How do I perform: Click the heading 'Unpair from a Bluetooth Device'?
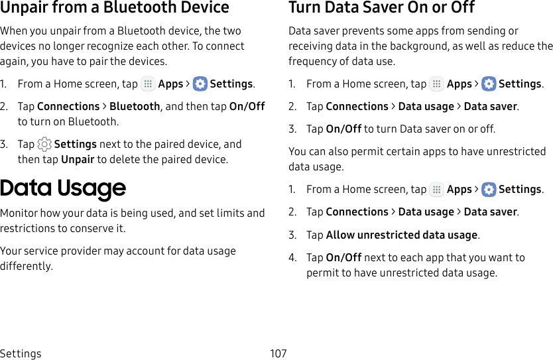tap(115, 8)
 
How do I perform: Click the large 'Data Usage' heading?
tap(63, 188)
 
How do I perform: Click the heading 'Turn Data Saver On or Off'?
tap(382, 8)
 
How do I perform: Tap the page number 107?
tap(278, 353)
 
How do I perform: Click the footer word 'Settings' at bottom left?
tap(21, 353)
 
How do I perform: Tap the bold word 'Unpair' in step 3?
tap(78, 160)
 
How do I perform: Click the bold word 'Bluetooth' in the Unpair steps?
tap(135, 106)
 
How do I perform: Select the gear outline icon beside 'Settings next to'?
tap(44, 145)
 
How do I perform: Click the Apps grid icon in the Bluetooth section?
tap(148, 84)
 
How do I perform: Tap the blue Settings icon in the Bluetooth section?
tap(200, 84)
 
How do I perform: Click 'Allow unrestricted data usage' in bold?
tap(402, 235)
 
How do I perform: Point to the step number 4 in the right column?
tap(292, 258)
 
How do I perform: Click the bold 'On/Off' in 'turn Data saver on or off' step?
tap(343, 129)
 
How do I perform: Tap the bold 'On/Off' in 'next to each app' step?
tap(343, 258)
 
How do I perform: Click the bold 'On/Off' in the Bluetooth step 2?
tap(247, 106)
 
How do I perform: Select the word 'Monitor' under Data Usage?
tap(19, 213)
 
